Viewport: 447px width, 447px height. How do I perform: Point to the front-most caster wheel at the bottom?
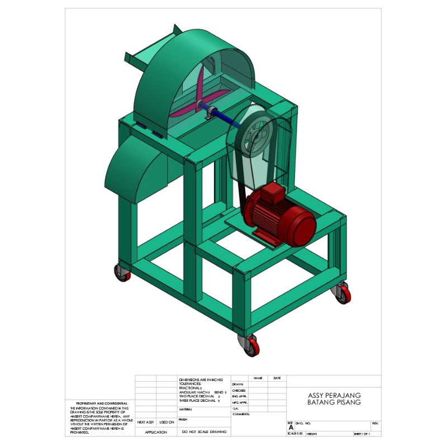249,346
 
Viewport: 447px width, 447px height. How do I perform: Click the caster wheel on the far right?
342,293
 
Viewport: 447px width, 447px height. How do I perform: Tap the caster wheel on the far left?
122,273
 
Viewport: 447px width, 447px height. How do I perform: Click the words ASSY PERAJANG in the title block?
334,395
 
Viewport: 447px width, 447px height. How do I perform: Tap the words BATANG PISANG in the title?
334,402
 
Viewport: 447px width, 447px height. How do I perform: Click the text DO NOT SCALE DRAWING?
203,432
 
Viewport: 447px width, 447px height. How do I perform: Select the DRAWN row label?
239,384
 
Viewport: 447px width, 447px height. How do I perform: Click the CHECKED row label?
240,391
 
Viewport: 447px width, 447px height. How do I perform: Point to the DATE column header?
277,378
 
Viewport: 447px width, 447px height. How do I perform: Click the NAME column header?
258,378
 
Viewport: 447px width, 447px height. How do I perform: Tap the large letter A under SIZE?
291,427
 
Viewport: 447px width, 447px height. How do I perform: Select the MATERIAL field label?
186,410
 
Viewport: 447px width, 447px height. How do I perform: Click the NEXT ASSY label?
145,422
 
